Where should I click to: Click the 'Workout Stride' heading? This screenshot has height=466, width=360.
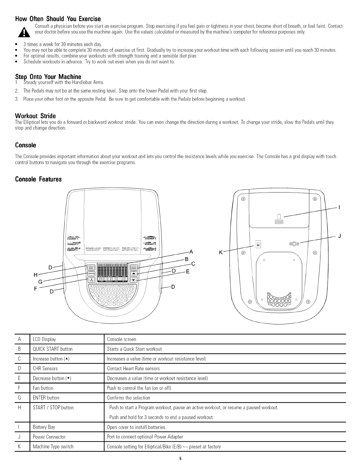pyautogui.click(x=35, y=115)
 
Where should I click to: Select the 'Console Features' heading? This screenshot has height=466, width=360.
pyautogui.click(x=38, y=179)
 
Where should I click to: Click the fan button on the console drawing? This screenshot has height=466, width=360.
pyautogui.click(x=91, y=280)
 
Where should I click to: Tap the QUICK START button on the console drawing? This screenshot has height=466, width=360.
pyautogui.click(x=134, y=267)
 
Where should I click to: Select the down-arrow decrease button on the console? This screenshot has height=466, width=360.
pyautogui.click(x=134, y=280)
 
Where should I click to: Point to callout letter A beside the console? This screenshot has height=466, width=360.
pyautogui.click(x=191, y=252)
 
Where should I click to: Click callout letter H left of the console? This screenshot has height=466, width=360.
pyautogui.click(x=36, y=275)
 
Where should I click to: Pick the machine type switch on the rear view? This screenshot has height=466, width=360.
pyautogui.click(x=258, y=244)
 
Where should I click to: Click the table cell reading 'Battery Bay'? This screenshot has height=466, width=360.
pyautogui.click(x=44, y=427)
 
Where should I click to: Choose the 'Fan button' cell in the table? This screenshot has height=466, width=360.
pyautogui.click(x=43, y=388)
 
